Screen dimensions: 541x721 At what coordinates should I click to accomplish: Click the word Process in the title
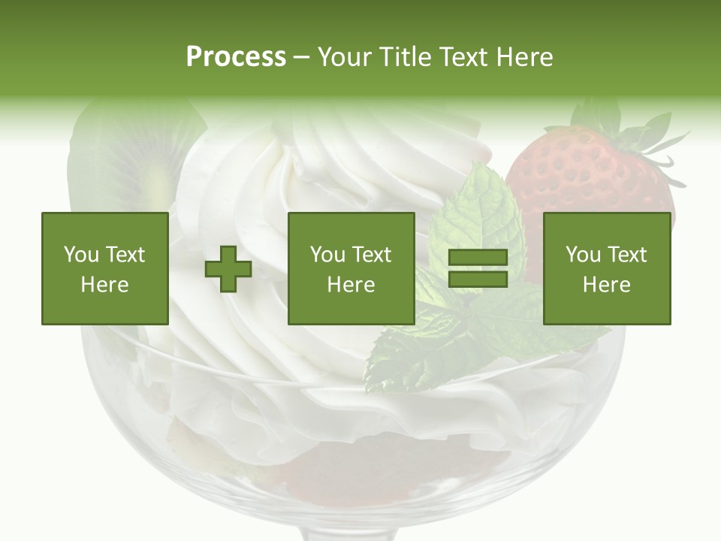pos(236,57)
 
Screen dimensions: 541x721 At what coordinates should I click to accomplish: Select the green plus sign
pos(228,269)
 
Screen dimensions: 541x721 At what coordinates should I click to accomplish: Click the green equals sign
pos(478,269)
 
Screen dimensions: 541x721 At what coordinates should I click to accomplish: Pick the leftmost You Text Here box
pos(104,269)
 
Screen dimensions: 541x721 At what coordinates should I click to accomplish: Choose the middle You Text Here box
pos(351,269)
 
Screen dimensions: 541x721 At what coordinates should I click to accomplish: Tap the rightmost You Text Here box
pos(607,269)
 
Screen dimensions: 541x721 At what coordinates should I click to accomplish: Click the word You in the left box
pos(81,255)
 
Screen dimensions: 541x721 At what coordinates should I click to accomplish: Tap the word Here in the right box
pos(607,285)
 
